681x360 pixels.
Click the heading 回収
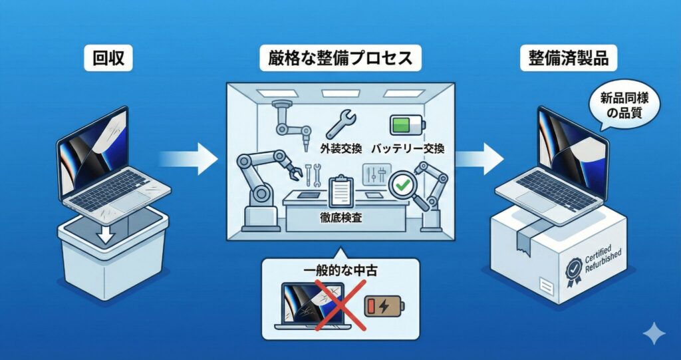(x=108, y=60)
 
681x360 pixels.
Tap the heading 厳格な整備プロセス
(x=335, y=59)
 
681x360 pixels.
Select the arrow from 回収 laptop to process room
(x=190, y=158)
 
